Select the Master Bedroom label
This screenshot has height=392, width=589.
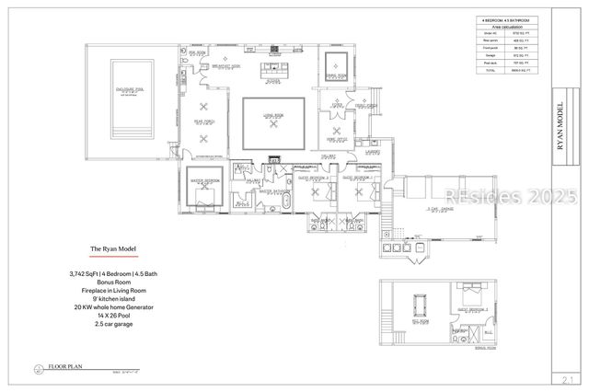203,180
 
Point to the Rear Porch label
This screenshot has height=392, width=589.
203,121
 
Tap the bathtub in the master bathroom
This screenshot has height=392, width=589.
286,202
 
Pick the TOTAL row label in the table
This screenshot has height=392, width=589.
489,70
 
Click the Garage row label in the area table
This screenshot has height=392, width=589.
489,56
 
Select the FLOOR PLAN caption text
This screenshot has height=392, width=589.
66,366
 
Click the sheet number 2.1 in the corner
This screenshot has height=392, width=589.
567,377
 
